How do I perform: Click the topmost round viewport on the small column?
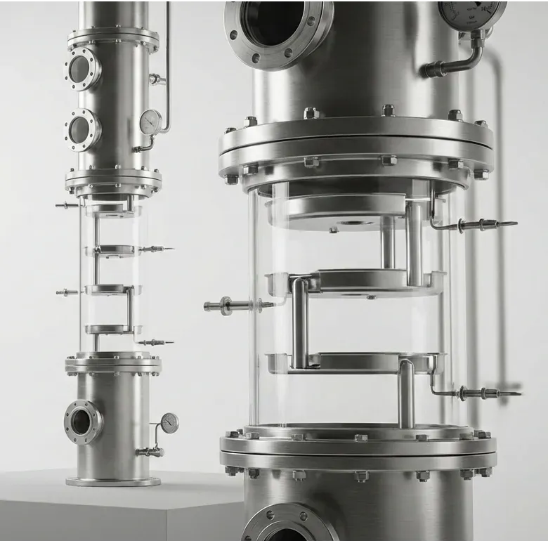click(82, 69)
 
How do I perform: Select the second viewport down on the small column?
click(82, 130)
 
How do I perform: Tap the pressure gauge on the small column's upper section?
click(150, 122)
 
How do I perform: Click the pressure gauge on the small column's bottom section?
click(169, 422)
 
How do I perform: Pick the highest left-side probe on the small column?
click(67, 206)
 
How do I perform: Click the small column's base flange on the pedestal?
click(113, 481)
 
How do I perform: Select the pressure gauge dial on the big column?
click(471, 10)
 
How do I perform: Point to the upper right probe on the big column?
click(485, 226)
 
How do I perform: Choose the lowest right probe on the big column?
click(485, 393)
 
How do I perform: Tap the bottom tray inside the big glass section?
click(355, 363)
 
